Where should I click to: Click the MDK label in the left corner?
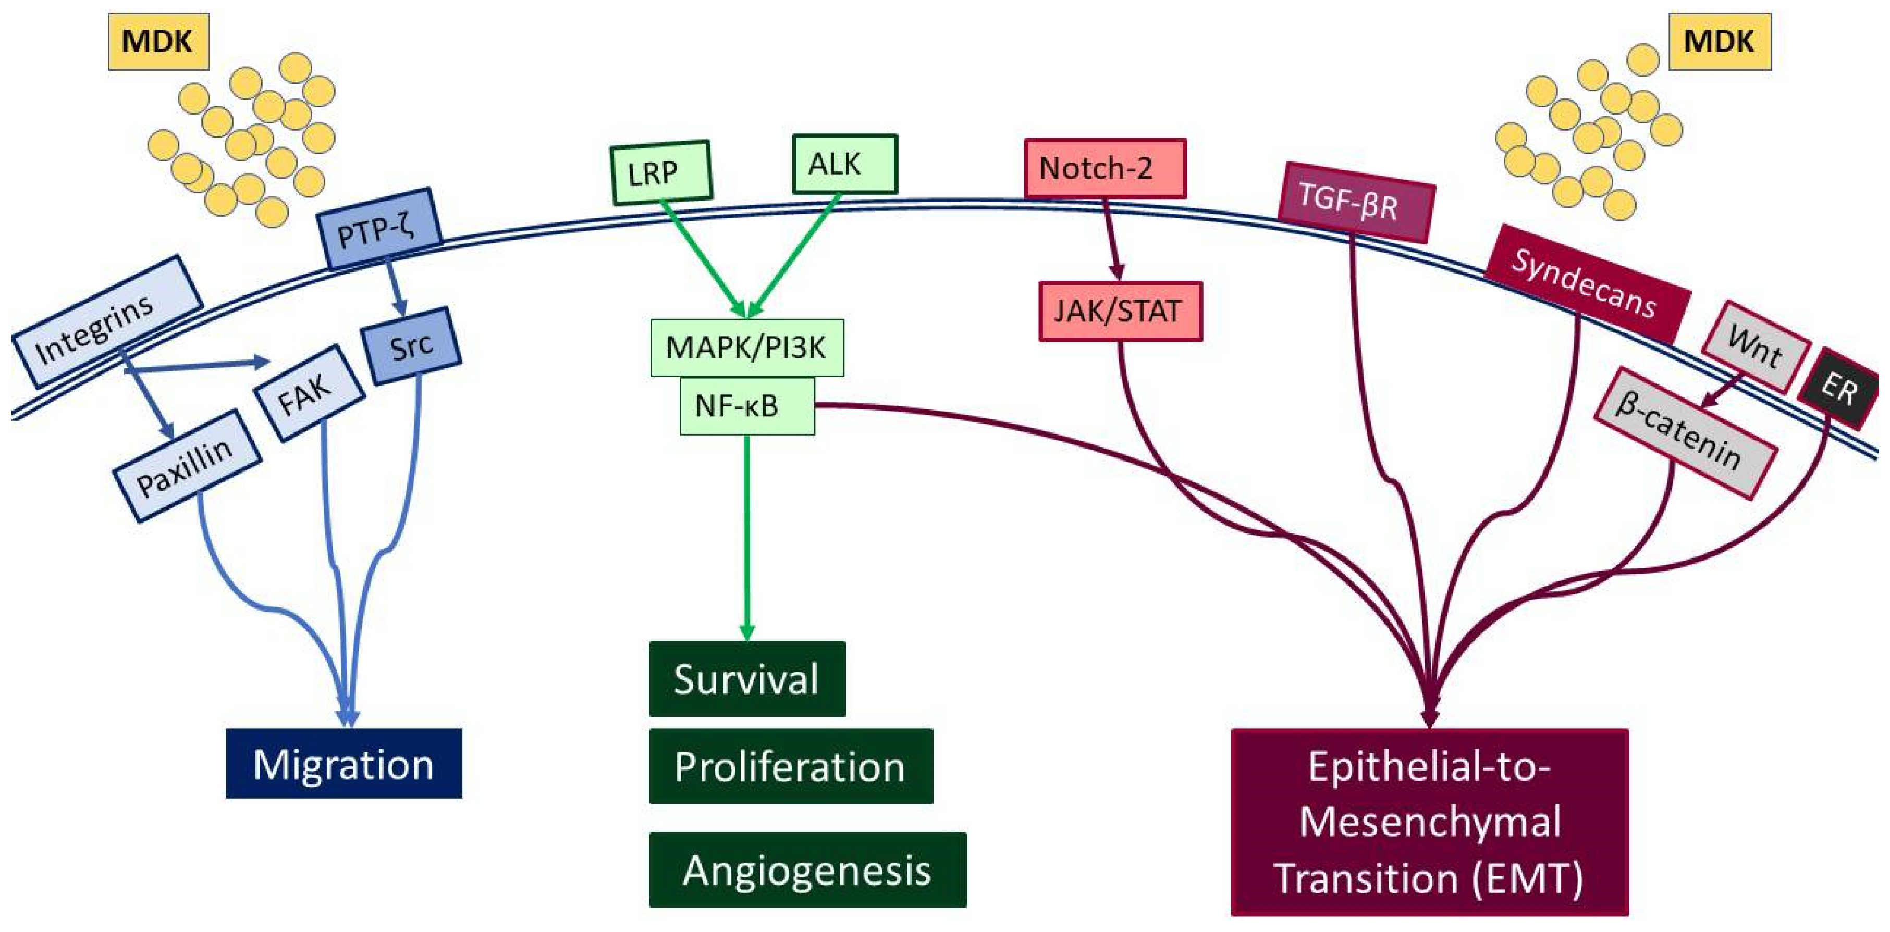pyautogui.click(x=158, y=41)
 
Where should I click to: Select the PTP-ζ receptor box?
pyautogui.click(x=378, y=229)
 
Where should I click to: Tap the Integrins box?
pyautogui.click(x=107, y=321)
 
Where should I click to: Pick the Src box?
pyautogui.click(x=411, y=346)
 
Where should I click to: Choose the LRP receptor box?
pyautogui.click(x=661, y=172)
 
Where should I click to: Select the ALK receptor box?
pyautogui.click(x=844, y=164)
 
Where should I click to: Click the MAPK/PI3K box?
pyautogui.click(x=747, y=347)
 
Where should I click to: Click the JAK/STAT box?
pyautogui.click(x=1120, y=311)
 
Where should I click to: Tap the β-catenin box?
pyautogui.click(x=1685, y=432)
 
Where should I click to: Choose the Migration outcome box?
pyautogui.click(x=344, y=763)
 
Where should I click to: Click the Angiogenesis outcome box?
pyautogui.click(x=808, y=869)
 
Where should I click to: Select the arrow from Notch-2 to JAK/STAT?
pyautogui.click(x=1112, y=240)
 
